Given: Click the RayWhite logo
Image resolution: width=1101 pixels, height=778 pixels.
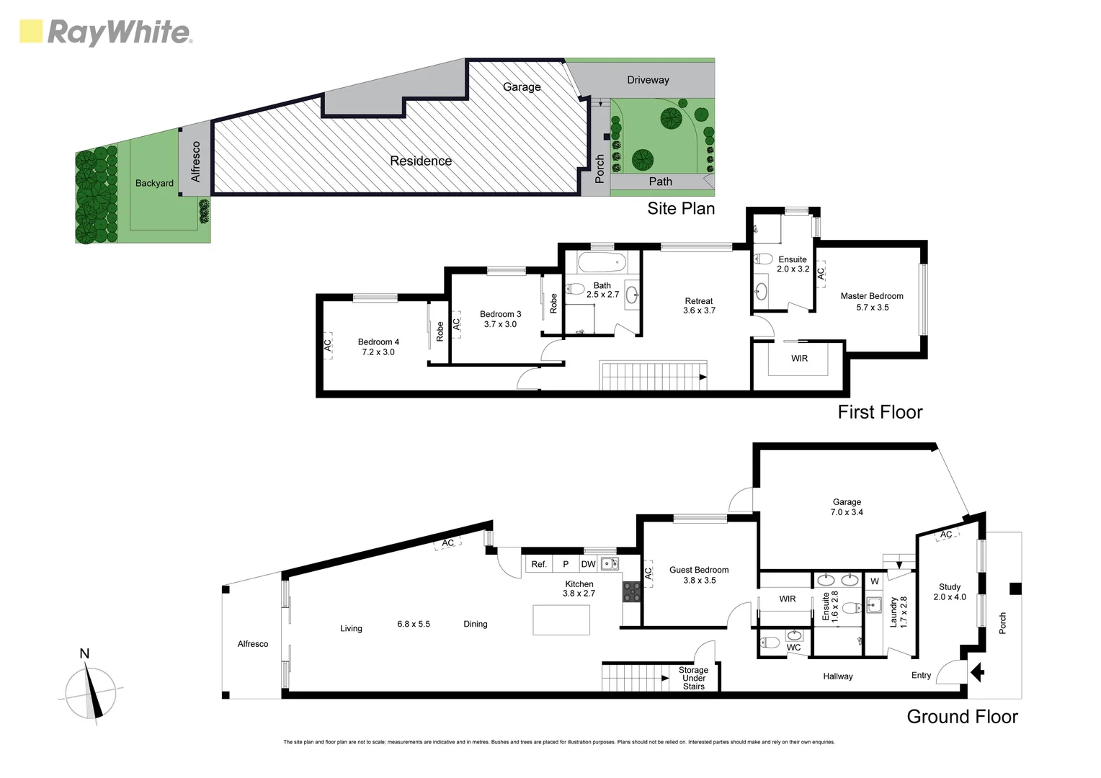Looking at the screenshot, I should coord(105,32).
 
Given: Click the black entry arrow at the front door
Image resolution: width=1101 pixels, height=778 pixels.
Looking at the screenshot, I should coord(977,673).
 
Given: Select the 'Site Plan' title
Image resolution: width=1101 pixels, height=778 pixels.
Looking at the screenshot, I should coord(680,208).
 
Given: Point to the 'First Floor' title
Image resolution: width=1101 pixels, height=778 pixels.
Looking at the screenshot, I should coord(879,411).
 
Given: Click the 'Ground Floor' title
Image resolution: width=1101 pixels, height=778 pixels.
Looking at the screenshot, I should coord(961,716).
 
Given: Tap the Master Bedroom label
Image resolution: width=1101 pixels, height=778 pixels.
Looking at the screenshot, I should coord(871,296).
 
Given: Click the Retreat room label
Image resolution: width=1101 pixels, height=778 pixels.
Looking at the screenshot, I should coord(698,301).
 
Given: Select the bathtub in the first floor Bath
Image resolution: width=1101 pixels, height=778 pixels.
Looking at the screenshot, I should coord(602,261).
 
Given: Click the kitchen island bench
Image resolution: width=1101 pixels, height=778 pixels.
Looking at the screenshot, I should coord(561,620).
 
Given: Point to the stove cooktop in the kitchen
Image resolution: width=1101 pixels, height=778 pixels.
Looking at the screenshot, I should coord(631,591).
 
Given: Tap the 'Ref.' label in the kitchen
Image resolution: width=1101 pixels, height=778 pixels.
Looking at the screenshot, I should coord(539,564).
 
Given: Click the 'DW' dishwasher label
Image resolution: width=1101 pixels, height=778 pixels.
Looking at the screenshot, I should coord(588,564).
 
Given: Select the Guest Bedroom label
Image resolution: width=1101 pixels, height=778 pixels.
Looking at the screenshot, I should coord(698,570).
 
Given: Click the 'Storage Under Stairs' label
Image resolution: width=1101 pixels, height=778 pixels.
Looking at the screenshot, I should coord(693,678).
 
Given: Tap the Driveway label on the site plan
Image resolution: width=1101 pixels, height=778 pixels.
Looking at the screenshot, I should coord(647,80).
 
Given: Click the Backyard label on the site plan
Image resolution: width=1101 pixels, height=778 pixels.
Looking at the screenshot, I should coord(154,183).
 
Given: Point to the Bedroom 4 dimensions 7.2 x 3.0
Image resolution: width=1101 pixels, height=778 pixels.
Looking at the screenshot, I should coord(378,352).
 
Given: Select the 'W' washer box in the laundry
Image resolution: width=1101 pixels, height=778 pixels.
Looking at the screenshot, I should coord(874,581).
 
